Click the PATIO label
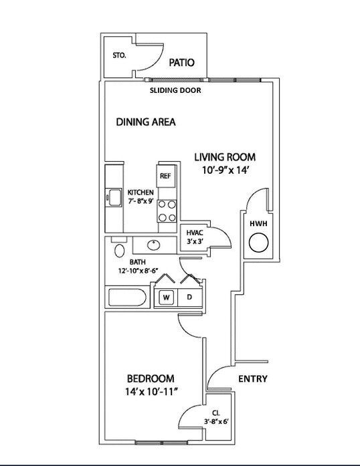pyautogui.click(x=181, y=62)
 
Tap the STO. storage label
pyautogui.click(x=119, y=55)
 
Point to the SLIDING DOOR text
pyautogui.click(x=175, y=90)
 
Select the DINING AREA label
pyautogui.click(x=145, y=122)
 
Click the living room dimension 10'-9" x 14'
pyautogui.click(x=226, y=170)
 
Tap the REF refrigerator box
pyautogui.click(x=165, y=176)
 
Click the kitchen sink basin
pyautogui.click(x=115, y=197)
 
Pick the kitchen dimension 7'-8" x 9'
pyautogui.click(x=141, y=201)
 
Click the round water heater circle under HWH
pyautogui.click(x=258, y=243)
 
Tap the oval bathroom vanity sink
pyautogui.click(x=153, y=245)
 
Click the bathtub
pyautogui.click(x=127, y=298)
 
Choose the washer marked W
pyautogui.click(x=166, y=298)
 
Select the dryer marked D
pyautogui.click(x=190, y=297)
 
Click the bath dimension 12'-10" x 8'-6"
pyautogui.click(x=138, y=271)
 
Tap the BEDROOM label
pyautogui.click(x=151, y=378)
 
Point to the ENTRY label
pyautogui.click(x=253, y=378)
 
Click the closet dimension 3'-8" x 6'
pyautogui.click(x=216, y=421)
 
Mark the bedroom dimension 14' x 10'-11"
pyautogui.click(x=151, y=392)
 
